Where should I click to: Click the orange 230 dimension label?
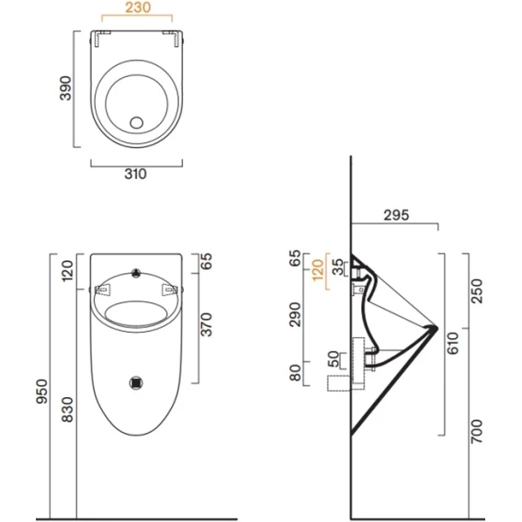138,7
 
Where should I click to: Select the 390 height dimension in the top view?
65,88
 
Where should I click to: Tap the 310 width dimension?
135,174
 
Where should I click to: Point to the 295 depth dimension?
396,215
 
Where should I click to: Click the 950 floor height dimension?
42,391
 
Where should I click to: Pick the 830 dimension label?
67,410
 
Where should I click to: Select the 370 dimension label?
207,324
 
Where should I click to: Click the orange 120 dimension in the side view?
318,270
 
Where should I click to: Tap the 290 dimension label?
295,315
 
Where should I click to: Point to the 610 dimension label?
453,344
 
